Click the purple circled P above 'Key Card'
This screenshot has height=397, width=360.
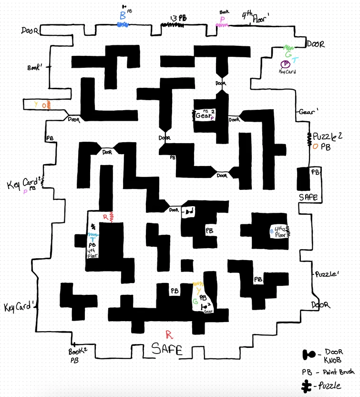click(285, 63)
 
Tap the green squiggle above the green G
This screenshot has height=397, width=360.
click(288, 48)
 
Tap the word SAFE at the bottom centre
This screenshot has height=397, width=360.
click(167, 350)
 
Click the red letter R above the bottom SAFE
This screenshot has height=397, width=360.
click(167, 334)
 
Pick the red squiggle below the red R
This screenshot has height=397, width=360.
click(111, 217)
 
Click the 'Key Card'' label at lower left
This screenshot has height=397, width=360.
click(20, 307)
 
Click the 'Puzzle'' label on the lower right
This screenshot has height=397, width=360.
click(326, 275)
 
